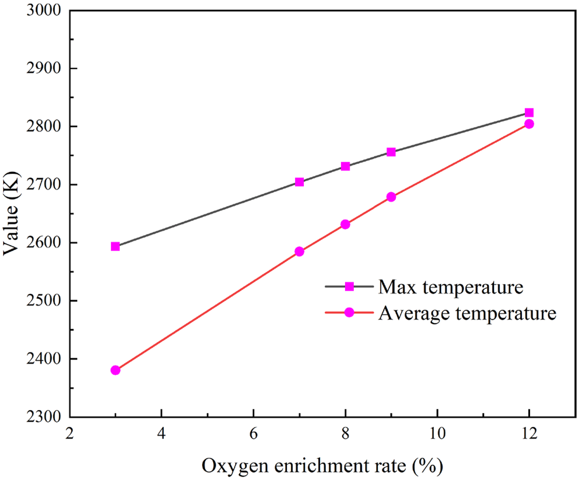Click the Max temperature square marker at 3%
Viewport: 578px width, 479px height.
pos(115,247)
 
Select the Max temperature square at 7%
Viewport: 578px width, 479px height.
pos(299,182)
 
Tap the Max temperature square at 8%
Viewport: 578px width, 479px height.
pos(345,166)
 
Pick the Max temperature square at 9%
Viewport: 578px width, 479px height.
pos(391,152)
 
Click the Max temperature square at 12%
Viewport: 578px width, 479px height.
pos(529,113)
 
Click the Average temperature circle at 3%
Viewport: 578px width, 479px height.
pos(115,370)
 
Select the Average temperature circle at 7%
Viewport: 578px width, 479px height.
pos(299,251)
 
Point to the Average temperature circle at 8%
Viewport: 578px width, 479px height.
pos(345,224)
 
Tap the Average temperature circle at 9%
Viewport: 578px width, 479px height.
pos(391,197)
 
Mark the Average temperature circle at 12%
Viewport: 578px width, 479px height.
pos(529,124)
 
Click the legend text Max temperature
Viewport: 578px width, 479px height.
pos(451,287)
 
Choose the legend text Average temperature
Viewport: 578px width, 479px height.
pos(467,313)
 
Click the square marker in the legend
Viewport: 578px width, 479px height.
pos(349,286)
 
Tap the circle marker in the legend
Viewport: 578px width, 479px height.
pos(349,312)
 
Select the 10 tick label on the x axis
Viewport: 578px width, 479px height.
pos(437,434)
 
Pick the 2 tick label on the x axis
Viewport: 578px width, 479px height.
pos(70,434)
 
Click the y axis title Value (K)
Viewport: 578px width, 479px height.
pos(12,213)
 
